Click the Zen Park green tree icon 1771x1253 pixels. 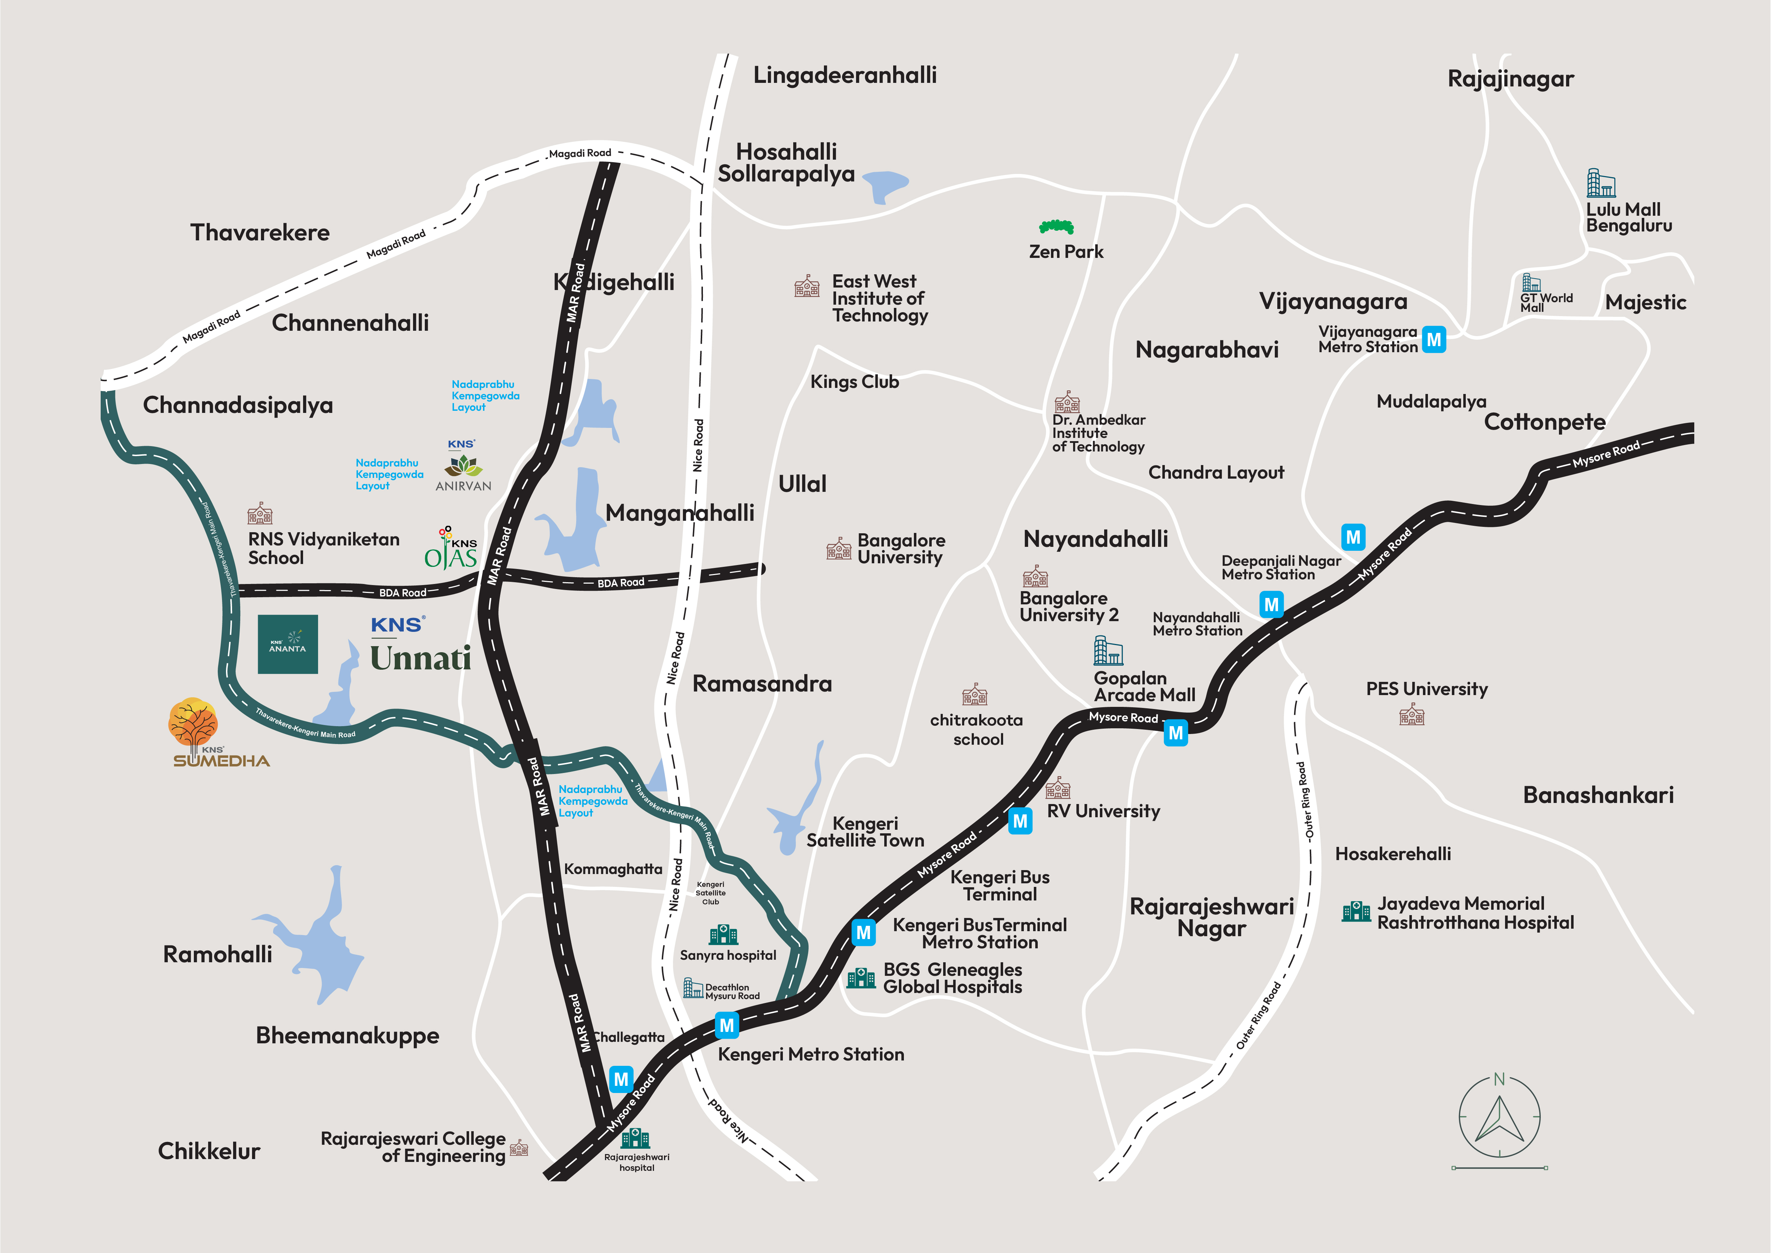click(x=1056, y=227)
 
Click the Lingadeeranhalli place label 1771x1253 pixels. click(x=845, y=76)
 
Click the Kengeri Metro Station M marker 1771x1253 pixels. click(x=726, y=1025)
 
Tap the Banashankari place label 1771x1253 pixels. click(x=1598, y=795)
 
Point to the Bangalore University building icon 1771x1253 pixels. click(x=839, y=549)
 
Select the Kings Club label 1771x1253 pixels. click(x=855, y=382)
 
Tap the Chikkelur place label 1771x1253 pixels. click(x=209, y=1151)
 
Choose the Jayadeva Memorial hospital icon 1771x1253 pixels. click(x=1356, y=912)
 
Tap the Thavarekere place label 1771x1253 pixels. click(x=260, y=233)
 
